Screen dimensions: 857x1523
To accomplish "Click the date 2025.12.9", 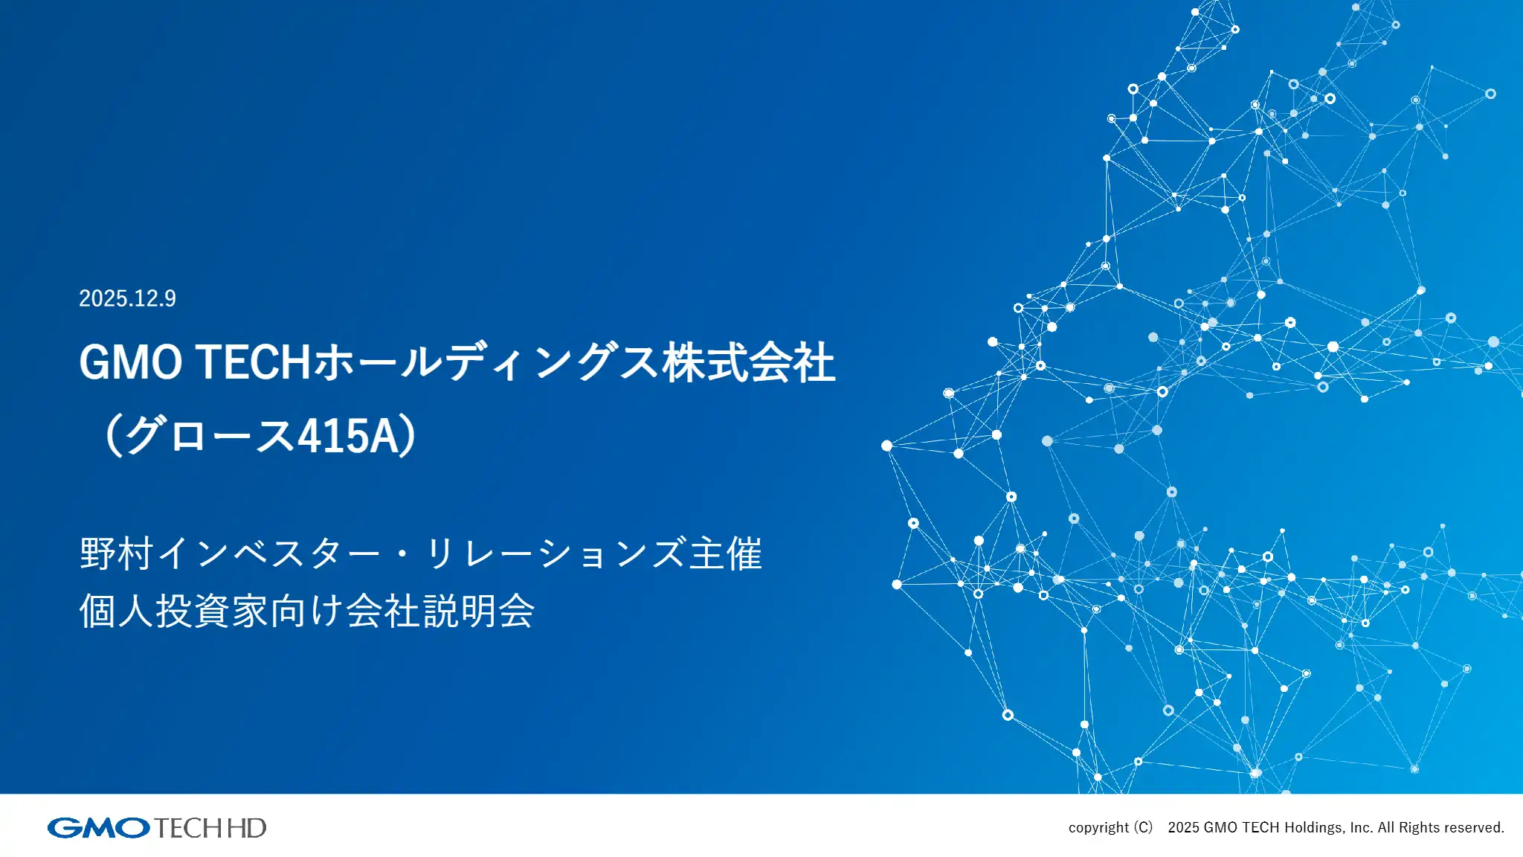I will (127, 298).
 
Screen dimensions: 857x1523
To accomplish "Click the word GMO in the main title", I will (130, 363).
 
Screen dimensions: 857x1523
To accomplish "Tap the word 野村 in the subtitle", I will (117, 554).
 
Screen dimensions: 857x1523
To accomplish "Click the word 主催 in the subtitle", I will (725, 554).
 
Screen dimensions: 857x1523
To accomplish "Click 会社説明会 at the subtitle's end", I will (440, 612).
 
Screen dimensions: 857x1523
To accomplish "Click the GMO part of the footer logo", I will (99, 828).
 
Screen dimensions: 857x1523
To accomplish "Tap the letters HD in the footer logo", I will (246, 828).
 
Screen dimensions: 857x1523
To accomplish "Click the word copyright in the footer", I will (1098, 828).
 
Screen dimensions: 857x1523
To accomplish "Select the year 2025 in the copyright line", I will (1183, 828).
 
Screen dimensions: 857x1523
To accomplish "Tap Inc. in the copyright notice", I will (1362, 828).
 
